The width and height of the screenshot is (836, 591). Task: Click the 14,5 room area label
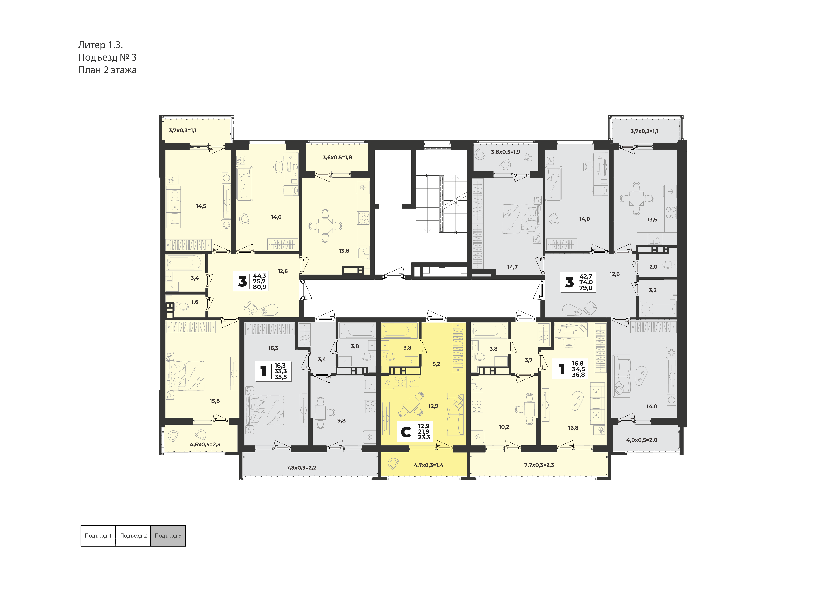pyautogui.click(x=201, y=206)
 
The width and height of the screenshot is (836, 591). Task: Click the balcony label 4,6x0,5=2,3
pyautogui.click(x=205, y=444)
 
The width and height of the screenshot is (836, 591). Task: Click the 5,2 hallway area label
pyautogui.click(x=436, y=364)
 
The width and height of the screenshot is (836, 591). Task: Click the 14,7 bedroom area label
pyautogui.click(x=512, y=267)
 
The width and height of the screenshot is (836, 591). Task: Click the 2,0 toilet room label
pyautogui.click(x=653, y=267)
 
